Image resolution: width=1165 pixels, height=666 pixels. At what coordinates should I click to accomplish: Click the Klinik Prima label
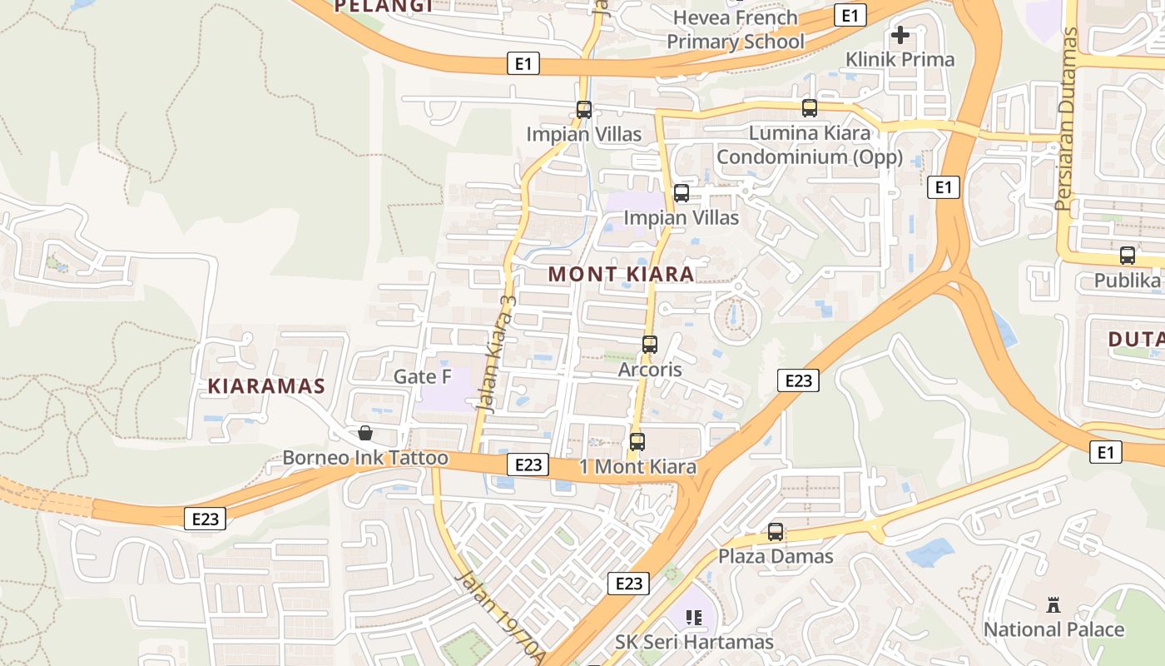900,60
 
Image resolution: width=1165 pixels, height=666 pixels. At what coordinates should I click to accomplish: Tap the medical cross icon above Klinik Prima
900,35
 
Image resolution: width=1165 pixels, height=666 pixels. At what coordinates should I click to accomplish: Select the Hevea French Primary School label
736,29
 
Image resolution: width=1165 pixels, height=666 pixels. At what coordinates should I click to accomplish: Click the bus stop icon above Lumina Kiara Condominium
810,107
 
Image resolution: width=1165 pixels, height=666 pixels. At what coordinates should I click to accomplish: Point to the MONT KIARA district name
621,274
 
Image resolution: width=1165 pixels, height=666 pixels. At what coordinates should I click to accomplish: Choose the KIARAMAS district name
265,386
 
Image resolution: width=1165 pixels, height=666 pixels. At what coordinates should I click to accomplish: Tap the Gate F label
422,376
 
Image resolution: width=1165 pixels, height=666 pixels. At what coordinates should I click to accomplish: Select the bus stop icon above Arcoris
650,344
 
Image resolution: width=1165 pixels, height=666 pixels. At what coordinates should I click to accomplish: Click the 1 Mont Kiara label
637,467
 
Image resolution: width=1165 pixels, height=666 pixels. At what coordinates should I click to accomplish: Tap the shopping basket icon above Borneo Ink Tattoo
364,433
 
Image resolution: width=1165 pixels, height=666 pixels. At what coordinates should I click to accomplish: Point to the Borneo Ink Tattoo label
364,458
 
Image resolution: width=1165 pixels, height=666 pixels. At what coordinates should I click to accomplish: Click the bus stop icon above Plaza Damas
776,531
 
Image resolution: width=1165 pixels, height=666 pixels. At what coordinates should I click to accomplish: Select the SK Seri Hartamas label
694,642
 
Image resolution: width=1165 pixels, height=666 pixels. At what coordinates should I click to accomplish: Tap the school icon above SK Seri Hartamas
694,617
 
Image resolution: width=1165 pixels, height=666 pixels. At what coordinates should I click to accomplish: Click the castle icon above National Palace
1053,604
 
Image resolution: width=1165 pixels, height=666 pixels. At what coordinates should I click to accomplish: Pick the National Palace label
1053,629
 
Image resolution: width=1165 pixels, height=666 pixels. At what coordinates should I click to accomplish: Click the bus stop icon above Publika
1128,256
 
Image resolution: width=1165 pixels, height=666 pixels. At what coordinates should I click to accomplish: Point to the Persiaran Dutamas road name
1066,119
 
